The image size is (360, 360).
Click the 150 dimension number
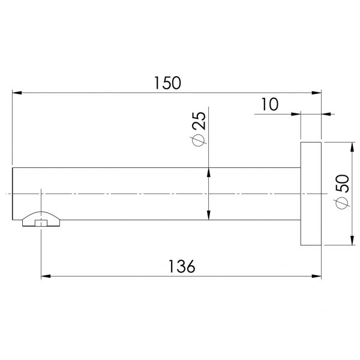(x=167, y=83)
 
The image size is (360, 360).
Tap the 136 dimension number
(x=182, y=266)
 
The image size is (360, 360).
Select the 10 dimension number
(x=270, y=104)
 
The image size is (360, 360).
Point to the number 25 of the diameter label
(x=199, y=121)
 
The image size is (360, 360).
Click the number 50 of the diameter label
(x=342, y=183)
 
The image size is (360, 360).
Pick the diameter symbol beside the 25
(x=198, y=140)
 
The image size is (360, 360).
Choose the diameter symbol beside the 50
(x=342, y=203)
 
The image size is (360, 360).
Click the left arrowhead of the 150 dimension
(x=17, y=93)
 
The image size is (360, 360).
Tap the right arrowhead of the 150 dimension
(x=316, y=93)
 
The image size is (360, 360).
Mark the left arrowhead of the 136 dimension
(x=46, y=276)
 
